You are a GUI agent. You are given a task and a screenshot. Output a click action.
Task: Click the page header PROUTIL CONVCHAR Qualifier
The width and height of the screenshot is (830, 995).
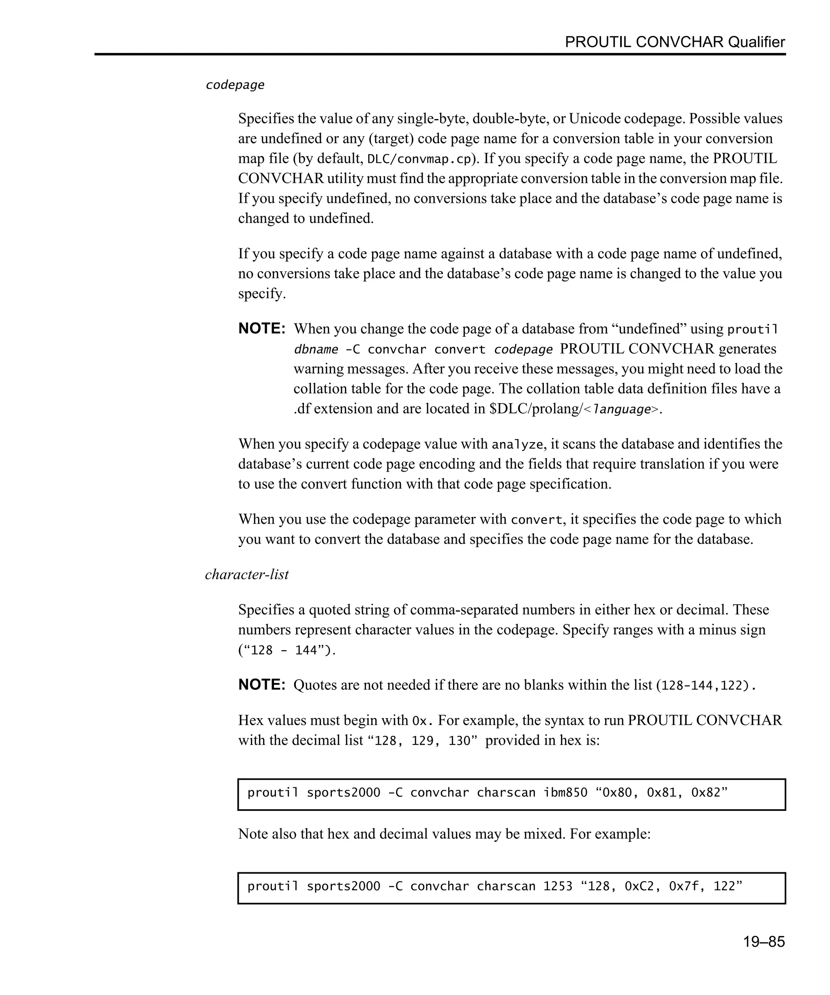(674, 42)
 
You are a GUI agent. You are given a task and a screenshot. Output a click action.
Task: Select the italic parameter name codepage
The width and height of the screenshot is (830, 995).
(235, 85)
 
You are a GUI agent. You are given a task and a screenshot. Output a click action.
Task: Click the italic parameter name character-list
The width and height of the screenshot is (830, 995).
(247, 574)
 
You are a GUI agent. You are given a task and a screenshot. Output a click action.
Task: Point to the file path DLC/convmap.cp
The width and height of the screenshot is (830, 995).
(419, 159)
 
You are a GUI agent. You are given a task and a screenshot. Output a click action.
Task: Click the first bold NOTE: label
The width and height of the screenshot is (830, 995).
(262, 328)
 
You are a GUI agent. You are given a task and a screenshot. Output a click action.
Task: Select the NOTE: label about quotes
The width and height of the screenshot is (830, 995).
(262, 685)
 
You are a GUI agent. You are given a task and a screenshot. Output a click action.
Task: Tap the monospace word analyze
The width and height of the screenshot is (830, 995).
(517, 445)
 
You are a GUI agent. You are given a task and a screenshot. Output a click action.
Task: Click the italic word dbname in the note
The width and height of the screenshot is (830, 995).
(316, 350)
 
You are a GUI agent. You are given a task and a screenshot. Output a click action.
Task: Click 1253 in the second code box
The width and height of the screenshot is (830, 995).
(558, 887)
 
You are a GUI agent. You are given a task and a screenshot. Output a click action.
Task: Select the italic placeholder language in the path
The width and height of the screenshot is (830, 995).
(622, 409)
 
